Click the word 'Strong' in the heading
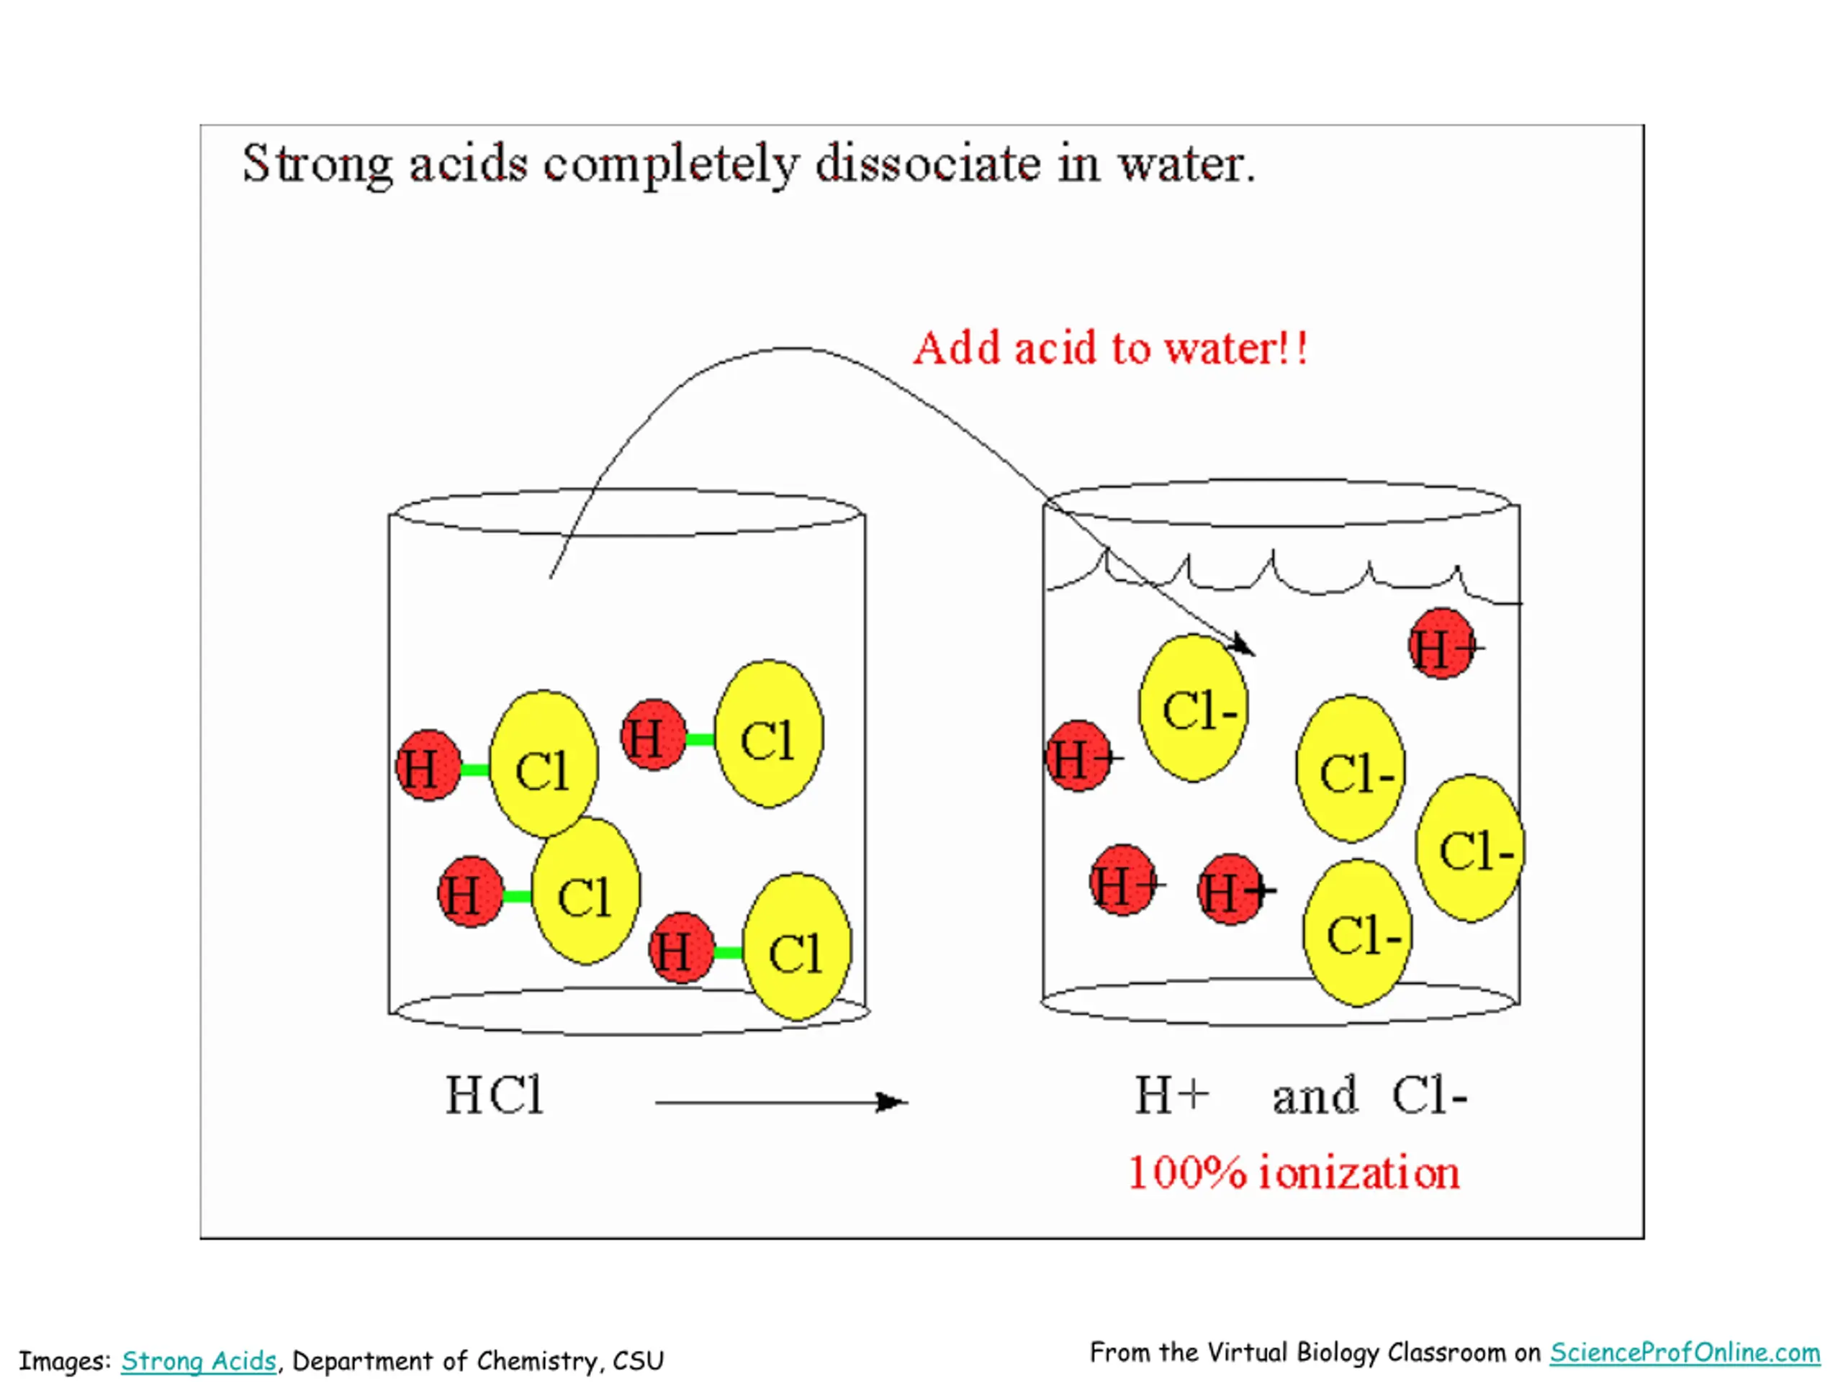coord(317,164)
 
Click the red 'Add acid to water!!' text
coord(1111,348)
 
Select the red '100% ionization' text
coord(1293,1174)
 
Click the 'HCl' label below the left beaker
coord(495,1096)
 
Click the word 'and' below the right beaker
coord(1314,1096)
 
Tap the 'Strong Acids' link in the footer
coord(198,1361)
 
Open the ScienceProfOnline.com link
coord(1684,1352)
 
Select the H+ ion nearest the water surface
coord(1442,644)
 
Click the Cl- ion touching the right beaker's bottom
coord(1358,933)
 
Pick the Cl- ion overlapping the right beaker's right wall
coord(1471,849)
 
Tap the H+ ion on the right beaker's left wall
coord(1078,757)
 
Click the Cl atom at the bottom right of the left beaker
coord(796,948)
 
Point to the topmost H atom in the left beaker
coord(653,736)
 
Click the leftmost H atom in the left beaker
coord(428,766)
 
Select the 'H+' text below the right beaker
coord(1171,1096)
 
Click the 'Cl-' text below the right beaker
coord(1429,1096)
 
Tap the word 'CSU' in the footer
coord(639,1361)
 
